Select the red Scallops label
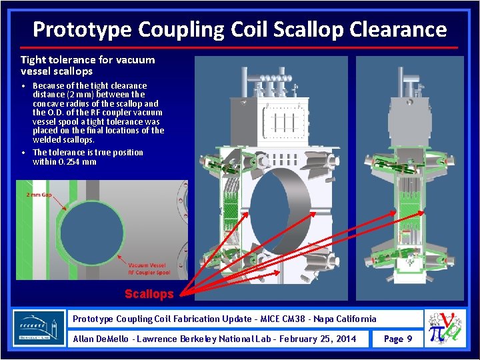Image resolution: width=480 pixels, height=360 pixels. pyautogui.click(x=149, y=294)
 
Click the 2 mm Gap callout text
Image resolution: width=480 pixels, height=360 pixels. pyautogui.click(x=38, y=195)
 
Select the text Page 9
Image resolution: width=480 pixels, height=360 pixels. pyautogui.click(x=398, y=339)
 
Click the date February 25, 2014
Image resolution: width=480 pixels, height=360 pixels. pyautogui.click(x=317, y=339)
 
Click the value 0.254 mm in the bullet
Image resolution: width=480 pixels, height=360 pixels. pyautogui.click(x=80, y=161)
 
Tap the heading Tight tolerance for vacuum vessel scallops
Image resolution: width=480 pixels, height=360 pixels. pyautogui.click(x=87, y=65)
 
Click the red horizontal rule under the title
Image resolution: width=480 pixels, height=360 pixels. pyautogui.click(x=239, y=47)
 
